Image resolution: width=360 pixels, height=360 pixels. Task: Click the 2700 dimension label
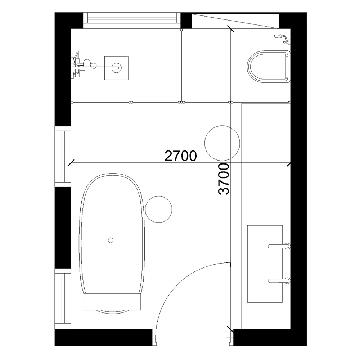click(180, 156)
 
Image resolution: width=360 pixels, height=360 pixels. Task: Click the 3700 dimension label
click(224, 179)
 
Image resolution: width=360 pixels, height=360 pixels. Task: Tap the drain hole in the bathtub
click(111, 239)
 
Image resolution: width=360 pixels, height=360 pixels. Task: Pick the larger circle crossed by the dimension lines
click(222, 143)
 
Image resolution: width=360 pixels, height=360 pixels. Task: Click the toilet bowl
click(268, 67)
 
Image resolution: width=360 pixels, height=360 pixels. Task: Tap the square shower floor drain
click(116, 67)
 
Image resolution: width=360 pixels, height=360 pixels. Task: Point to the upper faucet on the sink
click(279, 246)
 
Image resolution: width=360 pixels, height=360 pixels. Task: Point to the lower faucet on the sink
click(279, 280)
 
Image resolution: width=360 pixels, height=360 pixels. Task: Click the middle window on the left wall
click(63, 157)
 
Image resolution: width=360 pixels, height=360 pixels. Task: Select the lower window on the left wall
click(63, 301)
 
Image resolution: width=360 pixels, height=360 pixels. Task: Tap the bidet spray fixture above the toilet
click(283, 37)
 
